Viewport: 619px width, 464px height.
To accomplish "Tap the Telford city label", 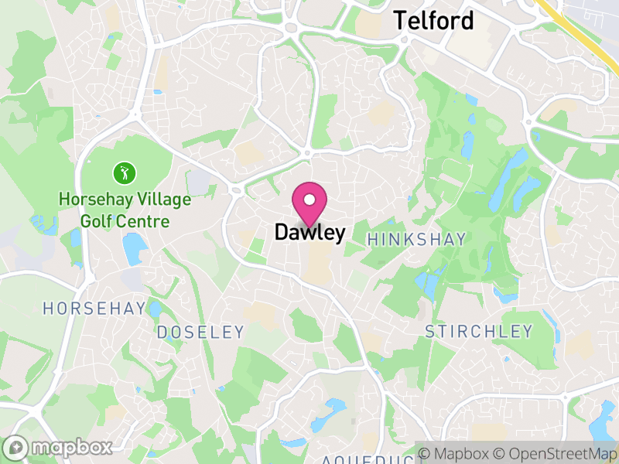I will (433, 21).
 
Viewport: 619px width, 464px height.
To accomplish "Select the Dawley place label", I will (309, 232).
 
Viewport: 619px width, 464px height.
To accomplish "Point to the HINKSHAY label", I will (416, 240).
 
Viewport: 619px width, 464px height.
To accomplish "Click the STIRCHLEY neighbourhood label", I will (479, 332).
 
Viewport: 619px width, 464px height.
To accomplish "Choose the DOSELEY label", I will (200, 333).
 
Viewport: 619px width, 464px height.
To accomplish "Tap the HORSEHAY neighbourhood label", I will (94, 309).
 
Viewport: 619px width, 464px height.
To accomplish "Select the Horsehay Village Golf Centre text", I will (125, 210).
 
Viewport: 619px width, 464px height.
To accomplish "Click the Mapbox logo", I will (60, 447).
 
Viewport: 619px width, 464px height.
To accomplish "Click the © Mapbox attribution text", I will (460, 452).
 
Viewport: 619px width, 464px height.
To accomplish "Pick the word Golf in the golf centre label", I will (98, 221).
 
